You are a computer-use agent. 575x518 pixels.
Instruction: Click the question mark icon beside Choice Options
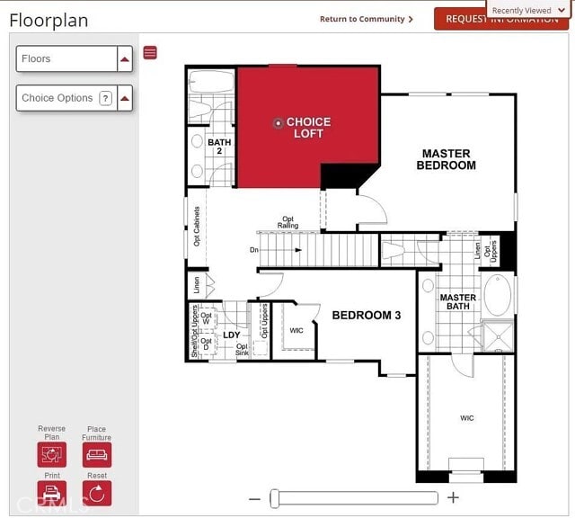pyautogui.click(x=105, y=98)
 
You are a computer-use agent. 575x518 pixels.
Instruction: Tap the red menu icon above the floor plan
pyautogui.click(x=150, y=53)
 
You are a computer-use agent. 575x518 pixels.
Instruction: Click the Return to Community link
pyautogui.click(x=366, y=19)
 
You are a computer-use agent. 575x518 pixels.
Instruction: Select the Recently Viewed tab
pyautogui.click(x=527, y=10)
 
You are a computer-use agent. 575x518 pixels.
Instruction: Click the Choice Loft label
pyautogui.click(x=307, y=128)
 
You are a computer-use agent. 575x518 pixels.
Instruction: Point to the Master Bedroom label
pyautogui.click(x=446, y=159)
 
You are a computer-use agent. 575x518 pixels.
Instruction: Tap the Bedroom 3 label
pyautogui.click(x=367, y=316)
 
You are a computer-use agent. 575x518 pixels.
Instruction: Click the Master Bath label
pyautogui.click(x=457, y=302)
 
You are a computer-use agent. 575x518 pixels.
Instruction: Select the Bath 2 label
pyautogui.click(x=219, y=147)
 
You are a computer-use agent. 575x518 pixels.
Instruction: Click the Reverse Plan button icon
pyautogui.click(x=52, y=454)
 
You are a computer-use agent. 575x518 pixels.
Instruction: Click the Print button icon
pyautogui.click(x=52, y=493)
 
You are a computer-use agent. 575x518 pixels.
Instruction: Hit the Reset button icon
pyautogui.click(x=97, y=493)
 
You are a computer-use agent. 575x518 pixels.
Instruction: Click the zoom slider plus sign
pyautogui.click(x=454, y=497)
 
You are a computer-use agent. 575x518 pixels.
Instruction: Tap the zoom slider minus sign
pyautogui.click(x=254, y=498)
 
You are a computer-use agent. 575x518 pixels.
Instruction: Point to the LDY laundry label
pyautogui.click(x=232, y=335)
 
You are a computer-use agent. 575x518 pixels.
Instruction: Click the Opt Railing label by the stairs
pyautogui.click(x=287, y=222)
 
